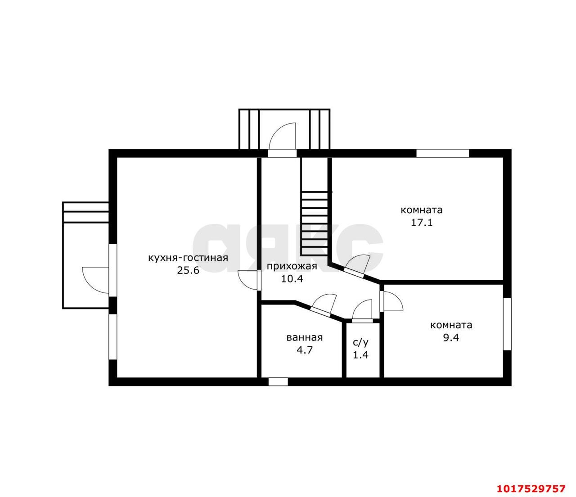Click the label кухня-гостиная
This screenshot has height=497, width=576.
pyautogui.click(x=188, y=258)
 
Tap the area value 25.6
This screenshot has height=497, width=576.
pyautogui.click(x=188, y=270)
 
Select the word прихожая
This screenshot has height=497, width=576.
pyautogui.click(x=292, y=267)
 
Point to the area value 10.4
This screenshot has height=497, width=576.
pyautogui.click(x=292, y=278)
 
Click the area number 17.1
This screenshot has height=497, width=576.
pyautogui.click(x=422, y=223)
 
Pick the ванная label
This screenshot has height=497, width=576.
pyautogui.click(x=305, y=338)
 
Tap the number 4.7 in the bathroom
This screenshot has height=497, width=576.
pyautogui.click(x=305, y=350)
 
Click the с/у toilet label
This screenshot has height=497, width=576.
pyautogui.click(x=360, y=343)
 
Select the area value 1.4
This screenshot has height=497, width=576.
pyautogui.click(x=360, y=355)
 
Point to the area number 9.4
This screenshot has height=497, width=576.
pyautogui.click(x=451, y=338)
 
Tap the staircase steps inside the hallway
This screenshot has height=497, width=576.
pyautogui.click(x=315, y=223)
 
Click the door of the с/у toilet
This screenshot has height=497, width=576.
pyautogui.click(x=362, y=311)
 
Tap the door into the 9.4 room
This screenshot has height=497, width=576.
pyautogui.click(x=391, y=301)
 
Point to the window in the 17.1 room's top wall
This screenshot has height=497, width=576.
pyautogui.click(x=442, y=153)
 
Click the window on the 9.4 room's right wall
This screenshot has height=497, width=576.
pyautogui.click(x=507, y=324)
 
